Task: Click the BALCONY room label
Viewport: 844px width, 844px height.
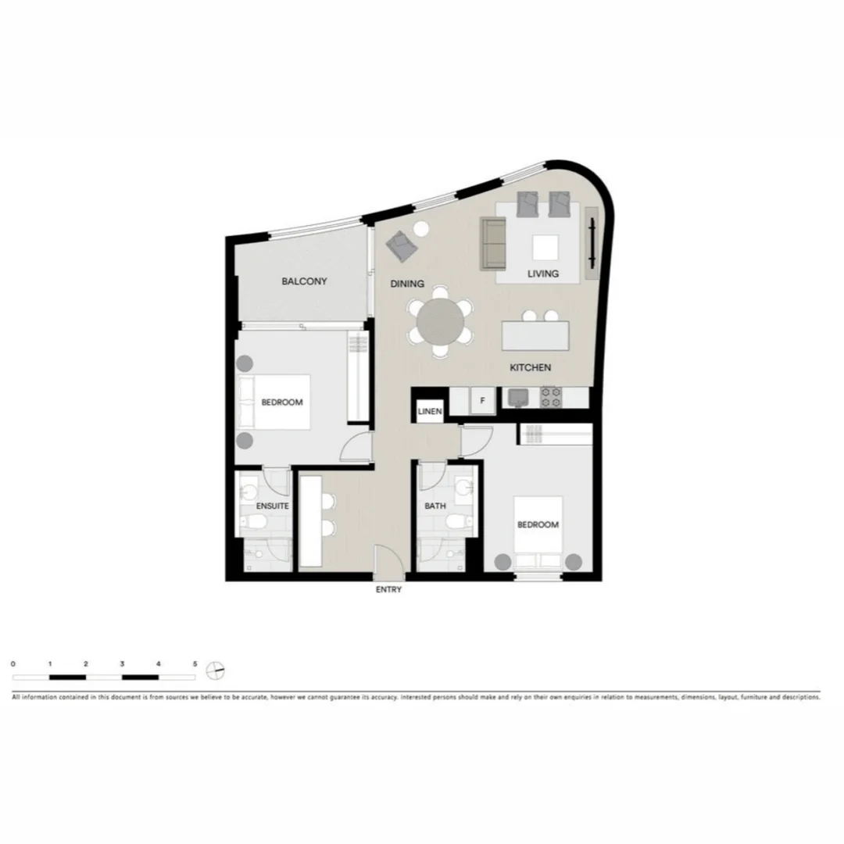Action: (x=305, y=281)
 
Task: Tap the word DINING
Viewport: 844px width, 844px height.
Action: (x=407, y=284)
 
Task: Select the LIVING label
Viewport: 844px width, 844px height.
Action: (x=543, y=274)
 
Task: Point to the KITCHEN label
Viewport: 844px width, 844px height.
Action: (x=531, y=367)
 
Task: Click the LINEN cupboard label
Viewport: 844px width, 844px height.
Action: (x=430, y=411)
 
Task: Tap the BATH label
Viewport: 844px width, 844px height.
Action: (x=435, y=506)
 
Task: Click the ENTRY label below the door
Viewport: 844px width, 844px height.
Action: (x=388, y=590)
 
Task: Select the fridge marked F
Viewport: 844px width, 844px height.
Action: (x=483, y=401)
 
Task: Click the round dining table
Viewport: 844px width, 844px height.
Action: (x=440, y=320)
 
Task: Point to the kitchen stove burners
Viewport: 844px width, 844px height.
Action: (x=551, y=397)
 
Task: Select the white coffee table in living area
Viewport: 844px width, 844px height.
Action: (x=545, y=248)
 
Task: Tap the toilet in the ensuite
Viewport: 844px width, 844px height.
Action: (x=256, y=523)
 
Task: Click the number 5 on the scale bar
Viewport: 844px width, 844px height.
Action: (x=195, y=663)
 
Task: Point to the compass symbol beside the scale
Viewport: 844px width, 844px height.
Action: (x=216, y=671)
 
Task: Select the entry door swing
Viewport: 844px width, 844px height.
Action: (x=388, y=561)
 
